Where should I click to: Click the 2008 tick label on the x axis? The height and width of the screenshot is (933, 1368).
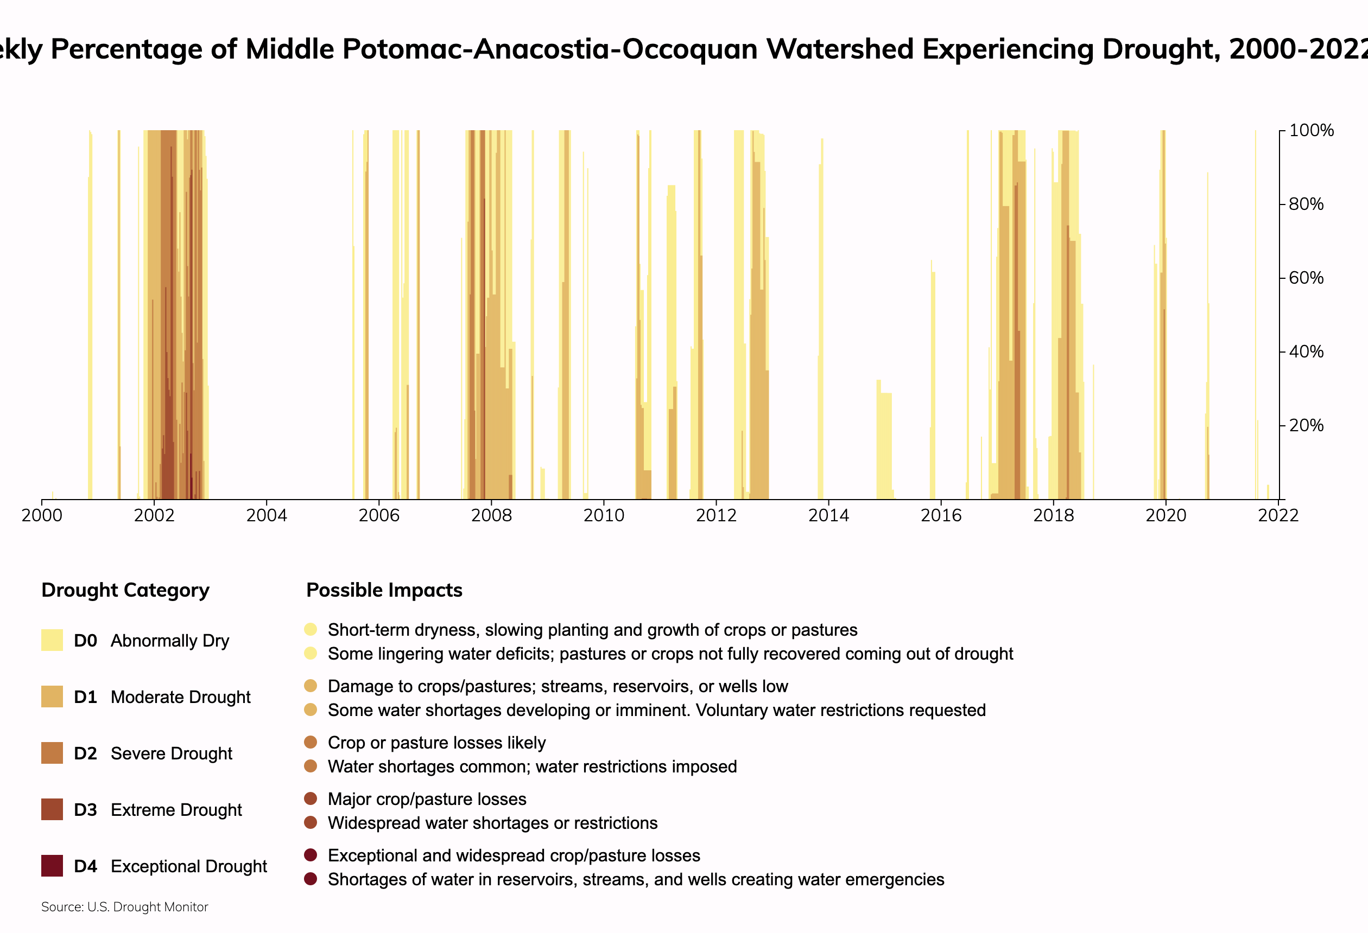pos(491,516)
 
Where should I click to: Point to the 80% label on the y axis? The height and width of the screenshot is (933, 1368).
pos(1306,204)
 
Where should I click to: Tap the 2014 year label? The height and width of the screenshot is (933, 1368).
pos(828,516)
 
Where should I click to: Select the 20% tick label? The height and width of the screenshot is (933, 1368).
pos(1306,425)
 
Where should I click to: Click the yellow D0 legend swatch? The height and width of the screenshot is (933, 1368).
pos(52,640)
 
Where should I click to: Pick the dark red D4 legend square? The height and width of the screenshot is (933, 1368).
pos(52,866)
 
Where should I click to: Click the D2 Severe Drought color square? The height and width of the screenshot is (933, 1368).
pos(52,753)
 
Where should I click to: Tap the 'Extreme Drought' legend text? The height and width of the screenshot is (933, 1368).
pos(176,810)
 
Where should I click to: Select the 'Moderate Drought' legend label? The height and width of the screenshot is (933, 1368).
pos(180,697)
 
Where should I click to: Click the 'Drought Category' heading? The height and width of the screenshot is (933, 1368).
pos(125,590)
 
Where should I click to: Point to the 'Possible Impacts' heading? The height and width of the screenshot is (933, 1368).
pos(384,590)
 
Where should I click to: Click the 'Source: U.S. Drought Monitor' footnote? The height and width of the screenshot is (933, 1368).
pos(125,907)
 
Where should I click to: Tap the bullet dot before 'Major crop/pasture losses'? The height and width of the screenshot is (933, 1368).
pos(310,799)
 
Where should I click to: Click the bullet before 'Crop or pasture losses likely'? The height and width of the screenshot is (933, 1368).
pos(310,743)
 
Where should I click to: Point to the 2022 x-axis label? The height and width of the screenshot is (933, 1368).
pos(1278,516)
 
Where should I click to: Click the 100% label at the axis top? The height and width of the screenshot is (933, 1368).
pos(1311,131)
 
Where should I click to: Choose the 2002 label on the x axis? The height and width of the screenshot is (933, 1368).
pos(154,516)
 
